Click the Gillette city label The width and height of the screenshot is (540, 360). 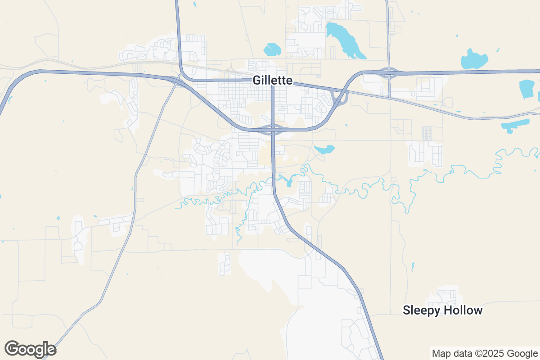pyautogui.click(x=273, y=81)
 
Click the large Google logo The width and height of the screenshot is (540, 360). pyautogui.click(x=30, y=349)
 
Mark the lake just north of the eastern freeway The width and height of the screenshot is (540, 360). pyautogui.click(x=474, y=58)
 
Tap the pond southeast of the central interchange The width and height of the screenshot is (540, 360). pyautogui.click(x=324, y=149)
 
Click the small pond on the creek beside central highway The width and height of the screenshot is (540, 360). pyautogui.click(x=288, y=182)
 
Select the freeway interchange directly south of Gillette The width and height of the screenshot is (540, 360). pyautogui.click(x=273, y=130)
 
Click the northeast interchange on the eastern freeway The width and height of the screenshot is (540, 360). pyautogui.click(x=388, y=73)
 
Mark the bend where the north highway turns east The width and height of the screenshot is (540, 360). pyautogui.click(x=182, y=74)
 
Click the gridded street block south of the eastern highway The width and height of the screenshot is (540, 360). pyautogui.click(x=427, y=133)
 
